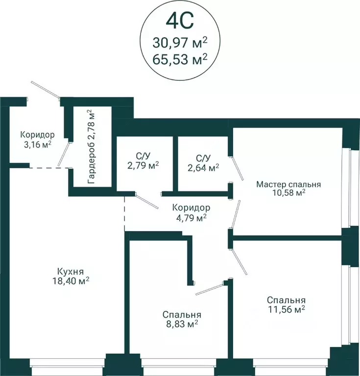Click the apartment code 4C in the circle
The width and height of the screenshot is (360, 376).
click(x=180, y=21)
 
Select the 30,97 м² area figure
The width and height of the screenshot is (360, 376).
click(x=180, y=43)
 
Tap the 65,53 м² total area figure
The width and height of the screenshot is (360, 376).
click(x=180, y=59)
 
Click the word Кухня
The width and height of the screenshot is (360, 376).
click(x=71, y=272)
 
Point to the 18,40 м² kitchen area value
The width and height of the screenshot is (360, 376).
click(x=71, y=281)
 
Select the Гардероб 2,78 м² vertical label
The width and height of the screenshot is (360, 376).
click(x=92, y=147)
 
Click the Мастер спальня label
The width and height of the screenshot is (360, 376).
click(x=288, y=185)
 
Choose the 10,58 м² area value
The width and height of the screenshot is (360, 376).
click(x=288, y=193)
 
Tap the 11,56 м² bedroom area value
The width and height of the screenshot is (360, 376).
click(x=287, y=309)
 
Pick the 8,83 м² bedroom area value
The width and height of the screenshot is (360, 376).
click(x=182, y=324)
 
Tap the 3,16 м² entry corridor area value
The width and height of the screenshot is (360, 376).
click(x=37, y=144)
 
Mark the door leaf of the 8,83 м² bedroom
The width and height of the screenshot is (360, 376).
click(x=210, y=289)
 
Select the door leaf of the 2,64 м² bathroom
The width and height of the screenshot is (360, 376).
click(x=237, y=168)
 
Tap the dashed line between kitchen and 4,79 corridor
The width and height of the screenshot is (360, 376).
click(x=124, y=213)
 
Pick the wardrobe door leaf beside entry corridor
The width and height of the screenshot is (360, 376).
click(x=64, y=154)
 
